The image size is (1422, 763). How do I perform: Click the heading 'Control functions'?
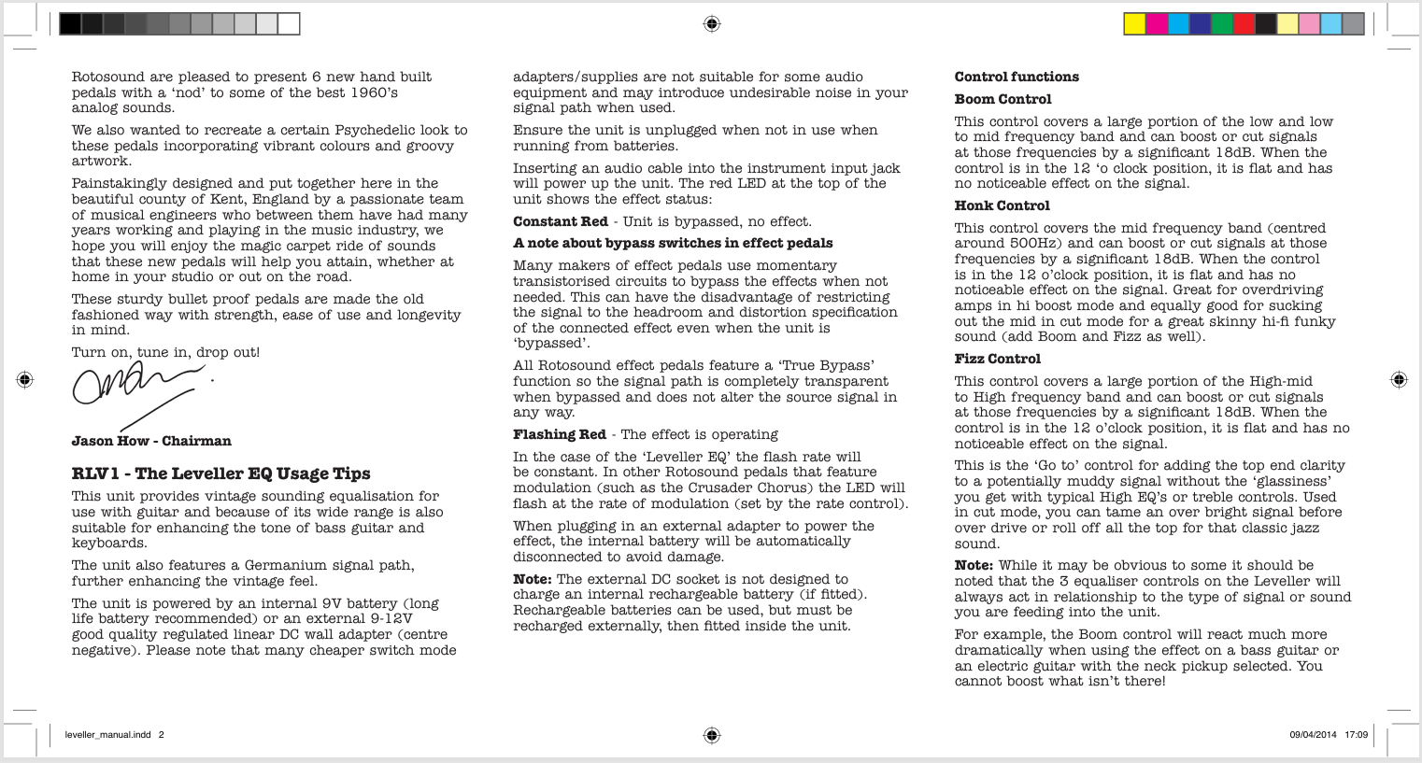[x=1017, y=77]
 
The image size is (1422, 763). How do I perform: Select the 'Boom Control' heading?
[x=1003, y=99]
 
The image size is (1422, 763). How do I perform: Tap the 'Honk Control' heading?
[x=1002, y=205]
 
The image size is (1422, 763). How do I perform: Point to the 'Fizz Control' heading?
[x=997, y=359]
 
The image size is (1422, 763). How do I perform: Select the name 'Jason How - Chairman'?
[x=151, y=441]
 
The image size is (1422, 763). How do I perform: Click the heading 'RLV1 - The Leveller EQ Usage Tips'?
[x=221, y=473]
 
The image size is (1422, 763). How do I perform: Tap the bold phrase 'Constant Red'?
[x=561, y=221]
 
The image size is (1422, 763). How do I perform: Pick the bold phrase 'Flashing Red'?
[x=560, y=434]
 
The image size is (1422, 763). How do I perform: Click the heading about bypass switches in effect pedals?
[x=673, y=243]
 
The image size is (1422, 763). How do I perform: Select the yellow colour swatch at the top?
[x=1134, y=24]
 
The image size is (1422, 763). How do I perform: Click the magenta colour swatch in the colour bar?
[x=1157, y=24]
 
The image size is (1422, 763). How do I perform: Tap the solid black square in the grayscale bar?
[x=70, y=24]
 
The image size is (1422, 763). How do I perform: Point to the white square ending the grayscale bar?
[x=289, y=24]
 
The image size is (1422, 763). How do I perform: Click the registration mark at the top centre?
[x=711, y=23]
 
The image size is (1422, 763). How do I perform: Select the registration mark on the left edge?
[x=25, y=379]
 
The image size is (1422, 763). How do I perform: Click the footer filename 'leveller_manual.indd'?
[x=107, y=735]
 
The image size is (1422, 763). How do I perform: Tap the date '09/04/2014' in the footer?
[x=1313, y=735]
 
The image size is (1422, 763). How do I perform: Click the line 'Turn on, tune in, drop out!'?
[x=165, y=352]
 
